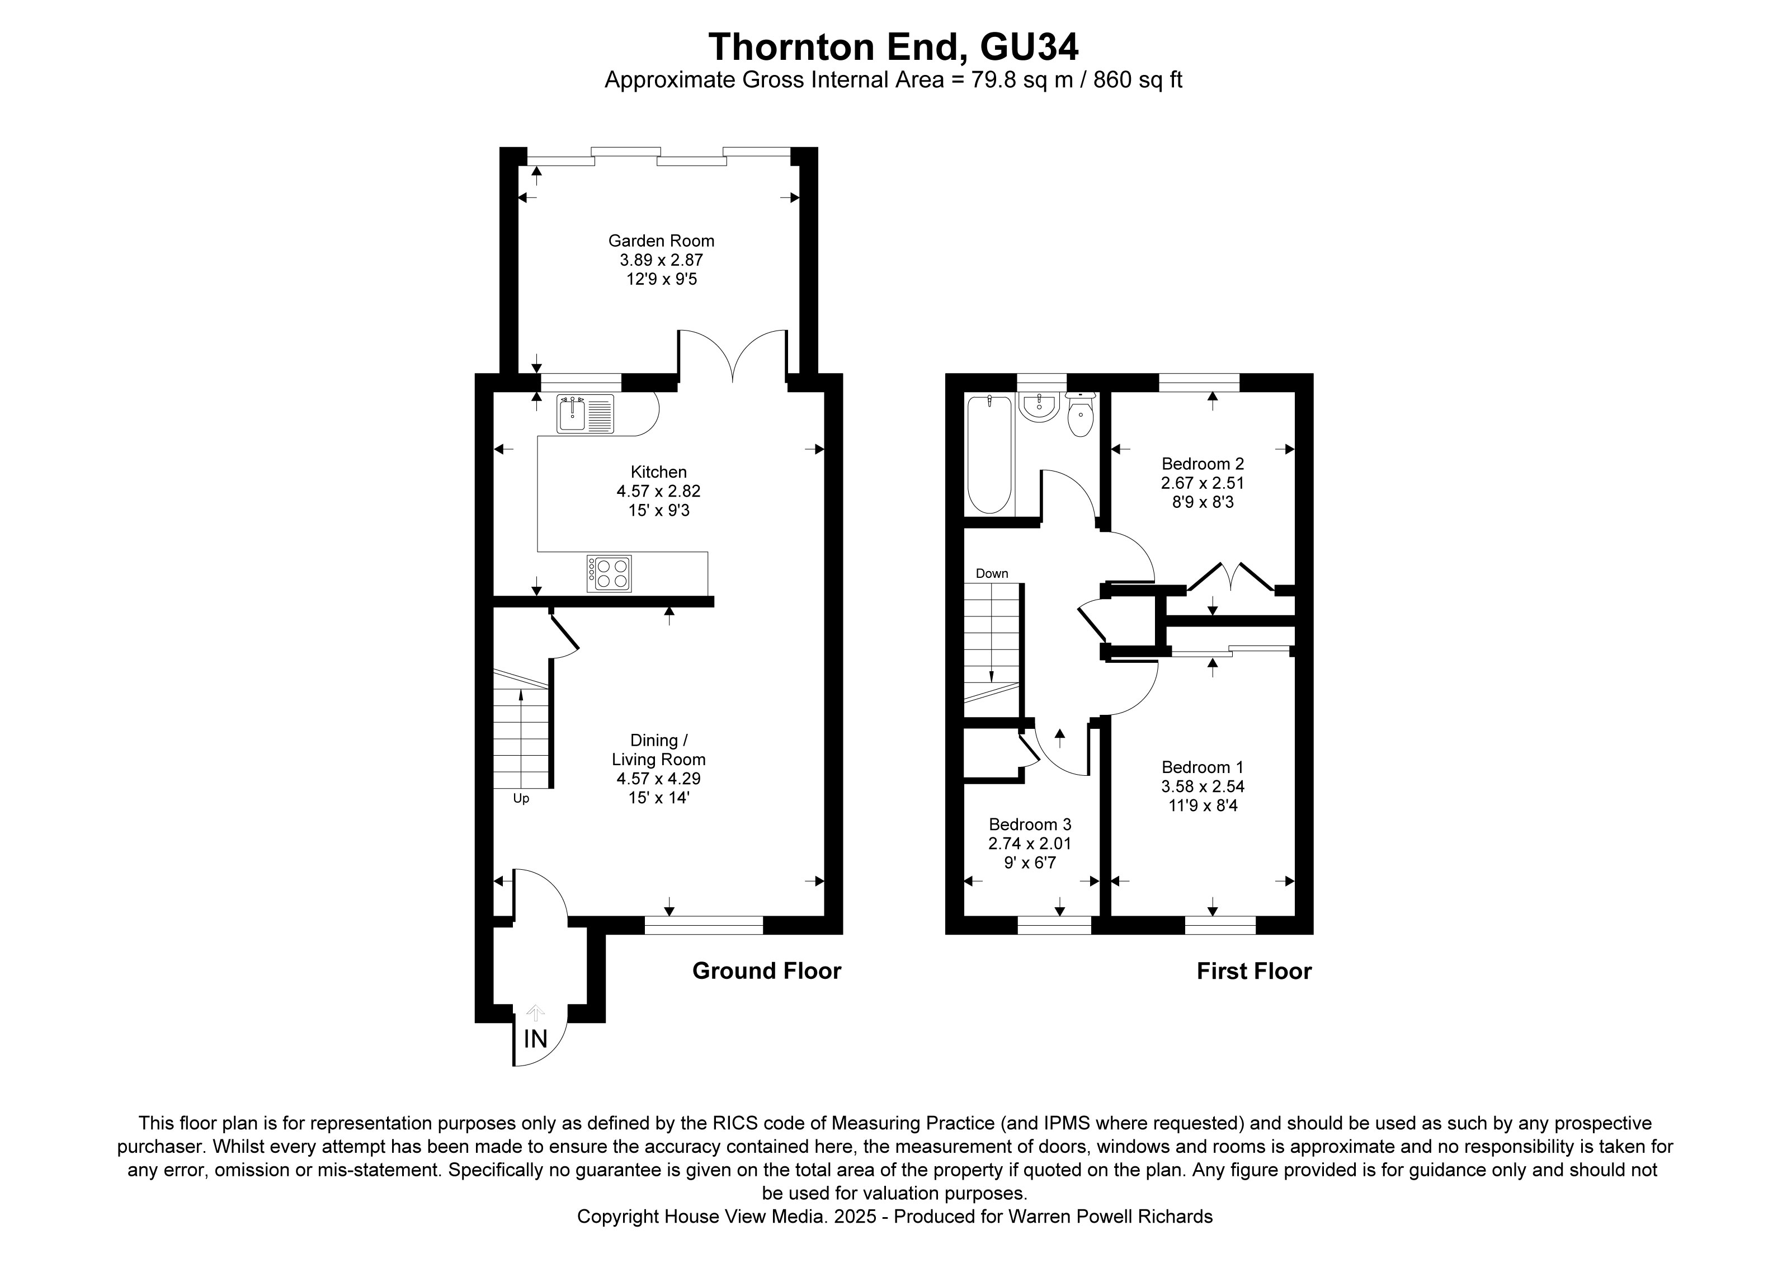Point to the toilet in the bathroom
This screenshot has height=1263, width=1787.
pyautogui.click(x=1080, y=416)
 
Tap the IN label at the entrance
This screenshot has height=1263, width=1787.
pyautogui.click(x=535, y=1039)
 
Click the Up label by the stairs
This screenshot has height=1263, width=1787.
pyautogui.click(x=521, y=798)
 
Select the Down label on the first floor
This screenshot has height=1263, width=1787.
pyautogui.click(x=992, y=573)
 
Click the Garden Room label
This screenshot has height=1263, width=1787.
pyautogui.click(x=661, y=241)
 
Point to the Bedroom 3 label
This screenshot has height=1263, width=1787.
pyautogui.click(x=1030, y=824)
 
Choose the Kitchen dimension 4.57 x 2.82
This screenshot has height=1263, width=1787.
pyautogui.click(x=658, y=491)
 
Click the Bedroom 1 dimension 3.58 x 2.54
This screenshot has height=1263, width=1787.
pyautogui.click(x=1203, y=787)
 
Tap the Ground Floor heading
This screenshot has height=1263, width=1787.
pyautogui.click(x=767, y=971)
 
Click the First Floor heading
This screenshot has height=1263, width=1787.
pyautogui.click(x=1254, y=971)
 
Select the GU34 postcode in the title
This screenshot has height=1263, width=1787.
pyautogui.click(x=1029, y=46)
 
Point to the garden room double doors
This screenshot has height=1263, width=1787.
pyautogui.click(x=732, y=356)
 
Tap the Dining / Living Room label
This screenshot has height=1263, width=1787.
pyautogui.click(x=658, y=750)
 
